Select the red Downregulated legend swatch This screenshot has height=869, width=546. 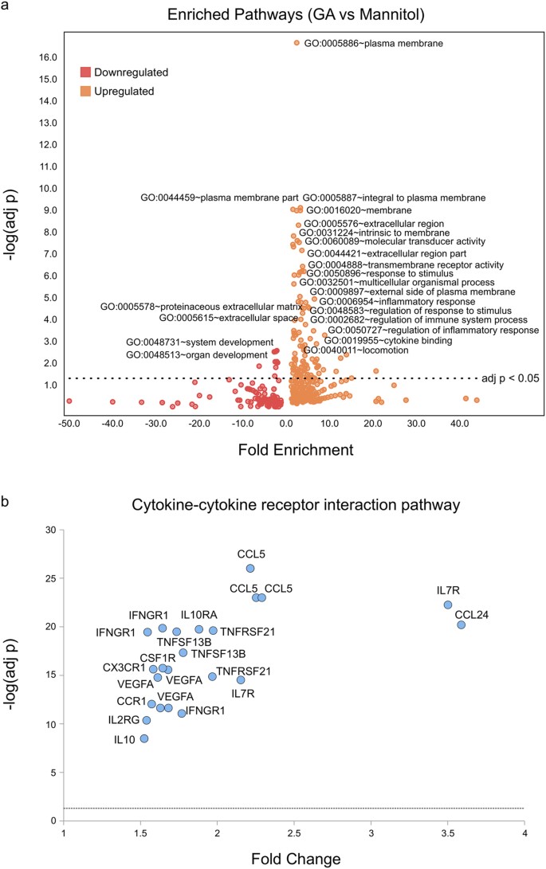tap(85, 72)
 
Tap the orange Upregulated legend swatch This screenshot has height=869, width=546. tap(85, 92)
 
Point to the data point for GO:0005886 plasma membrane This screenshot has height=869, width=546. tap(297, 43)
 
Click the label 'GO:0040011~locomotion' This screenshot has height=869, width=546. tap(355, 350)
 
